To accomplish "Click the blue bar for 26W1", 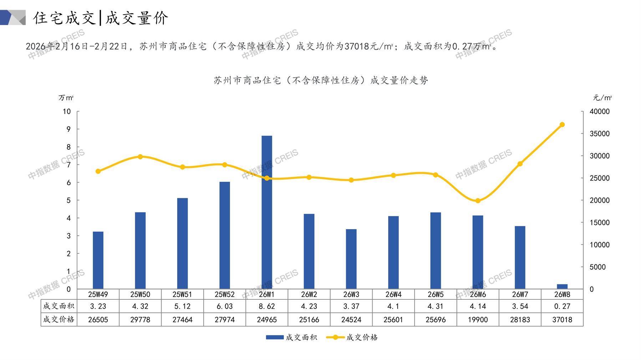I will [x=267, y=212].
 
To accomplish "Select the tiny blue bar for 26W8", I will [x=562, y=286].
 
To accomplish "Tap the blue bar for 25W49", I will [x=98, y=260].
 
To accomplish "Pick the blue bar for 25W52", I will [x=225, y=235].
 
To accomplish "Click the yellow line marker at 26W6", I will [x=478, y=201].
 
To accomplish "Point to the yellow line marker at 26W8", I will [x=562, y=125].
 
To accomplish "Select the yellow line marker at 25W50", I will [x=140, y=157].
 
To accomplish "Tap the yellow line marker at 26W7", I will [x=520, y=164].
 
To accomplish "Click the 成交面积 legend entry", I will [x=291, y=337].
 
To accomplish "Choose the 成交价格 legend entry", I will [x=352, y=337].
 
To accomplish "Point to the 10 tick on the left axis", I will [x=67, y=112].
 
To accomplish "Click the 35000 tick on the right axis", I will [x=600, y=134].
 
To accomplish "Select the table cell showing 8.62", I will [x=267, y=306].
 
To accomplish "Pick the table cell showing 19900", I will [x=478, y=320].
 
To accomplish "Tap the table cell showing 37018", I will [x=562, y=320].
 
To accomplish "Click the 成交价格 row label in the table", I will [x=59, y=319].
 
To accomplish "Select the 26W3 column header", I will [x=351, y=294].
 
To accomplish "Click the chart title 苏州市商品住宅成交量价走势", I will [x=321, y=81].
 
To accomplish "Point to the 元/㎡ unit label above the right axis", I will [x=602, y=98].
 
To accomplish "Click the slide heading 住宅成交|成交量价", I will [x=101, y=18].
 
